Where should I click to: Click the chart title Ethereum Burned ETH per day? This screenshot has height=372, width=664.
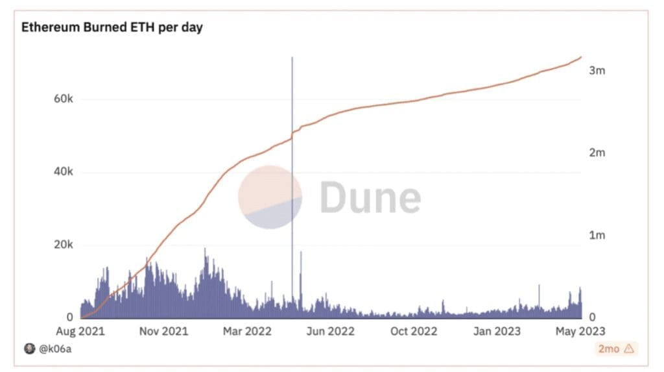(x=112, y=29)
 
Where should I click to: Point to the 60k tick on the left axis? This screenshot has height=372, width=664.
(x=63, y=99)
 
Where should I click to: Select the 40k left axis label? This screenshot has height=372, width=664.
(x=63, y=172)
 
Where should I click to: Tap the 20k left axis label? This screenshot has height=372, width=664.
(x=63, y=245)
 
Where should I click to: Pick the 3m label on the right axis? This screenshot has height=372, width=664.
(x=597, y=70)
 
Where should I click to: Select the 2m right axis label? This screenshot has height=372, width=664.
(x=597, y=153)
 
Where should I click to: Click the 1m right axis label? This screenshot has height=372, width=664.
(x=597, y=235)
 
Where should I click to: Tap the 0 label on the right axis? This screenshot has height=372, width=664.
(x=592, y=317)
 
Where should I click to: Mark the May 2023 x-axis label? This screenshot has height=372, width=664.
(x=578, y=331)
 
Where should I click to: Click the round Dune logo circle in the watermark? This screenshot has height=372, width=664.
(x=270, y=197)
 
